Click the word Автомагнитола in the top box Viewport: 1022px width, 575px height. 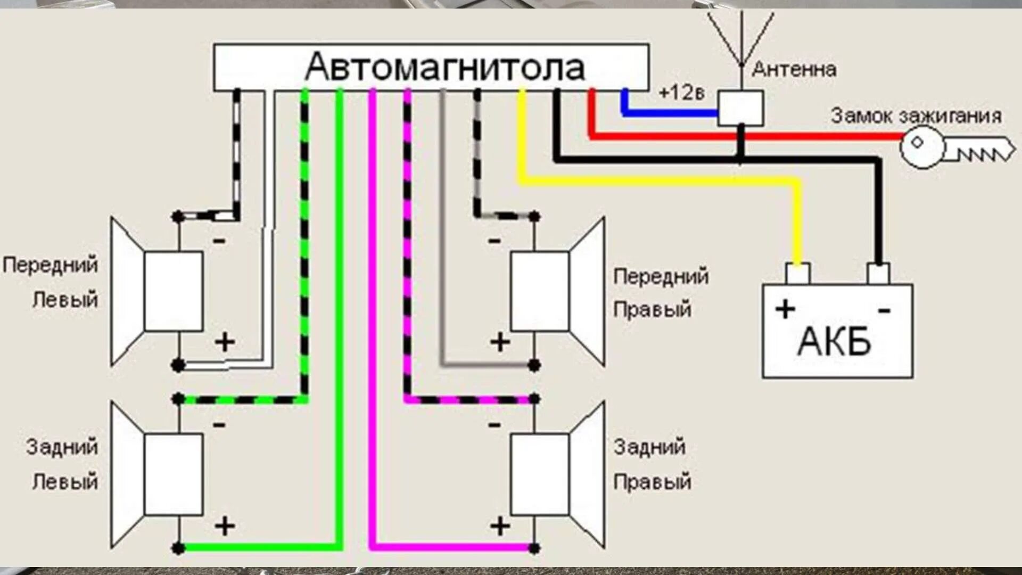pyautogui.click(x=445, y=68)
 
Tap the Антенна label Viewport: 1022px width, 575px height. pyautogui.click(x=794, y=69)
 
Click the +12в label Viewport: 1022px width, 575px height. pyautogui.click(x=681, y=93)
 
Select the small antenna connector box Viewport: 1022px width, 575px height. pyautogui.click(x=740, y=108)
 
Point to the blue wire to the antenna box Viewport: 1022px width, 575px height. pyautogui.click(x=671, y=113)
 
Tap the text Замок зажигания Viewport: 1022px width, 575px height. pyautogui.click(x=916, y=116)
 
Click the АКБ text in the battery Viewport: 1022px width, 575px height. pyautogui.click(x=834, y=341)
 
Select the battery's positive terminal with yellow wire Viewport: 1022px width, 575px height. pyautogui.click(x=797, y=274)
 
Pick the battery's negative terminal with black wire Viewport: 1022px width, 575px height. pyautogui.click(x=878, y=274)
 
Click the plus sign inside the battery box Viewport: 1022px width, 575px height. pyautogui.click(x=785, y=309)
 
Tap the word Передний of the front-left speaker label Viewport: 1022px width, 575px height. pyautogui.click(x=51, y=265)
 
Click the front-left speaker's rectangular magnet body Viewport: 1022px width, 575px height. pyautogui.click(x=174, y=291)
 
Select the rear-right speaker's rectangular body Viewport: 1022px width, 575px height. pyautogui.click(x=540, y=474)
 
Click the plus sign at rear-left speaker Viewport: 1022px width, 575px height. pyautogui.click(x=225, y=526)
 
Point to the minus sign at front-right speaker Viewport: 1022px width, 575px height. pyautogui.click(x=494, y=241)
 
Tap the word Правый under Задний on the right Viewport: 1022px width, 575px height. pyautogui.click(x=652, y=482)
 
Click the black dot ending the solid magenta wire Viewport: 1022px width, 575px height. pyautogui.click(x=534, y=548)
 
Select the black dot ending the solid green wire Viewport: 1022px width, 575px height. pyautogui.click(x=179, y=548)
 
